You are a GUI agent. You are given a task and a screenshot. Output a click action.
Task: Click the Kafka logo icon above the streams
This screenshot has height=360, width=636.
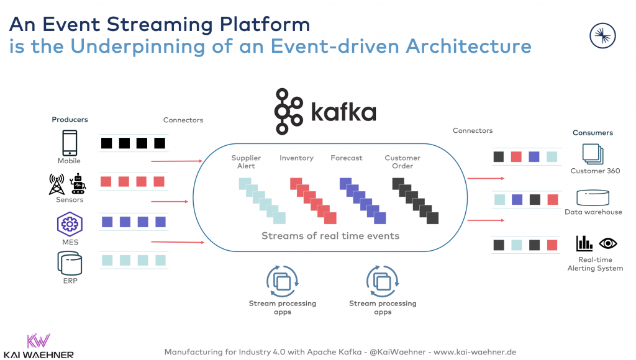pos(289,112)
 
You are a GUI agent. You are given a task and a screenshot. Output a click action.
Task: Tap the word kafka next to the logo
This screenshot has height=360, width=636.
pos(343,112)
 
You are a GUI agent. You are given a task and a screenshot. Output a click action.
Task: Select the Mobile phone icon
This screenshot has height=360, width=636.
pos(70,143)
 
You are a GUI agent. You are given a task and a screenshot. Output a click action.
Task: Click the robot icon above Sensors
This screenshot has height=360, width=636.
pos(78,184)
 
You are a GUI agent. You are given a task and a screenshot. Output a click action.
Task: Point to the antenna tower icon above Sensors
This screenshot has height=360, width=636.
pos(57,184)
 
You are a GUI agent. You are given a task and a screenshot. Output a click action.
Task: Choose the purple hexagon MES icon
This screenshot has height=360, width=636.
pos(69,223)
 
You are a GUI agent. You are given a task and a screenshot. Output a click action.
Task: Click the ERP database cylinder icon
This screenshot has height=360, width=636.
pos(69,263)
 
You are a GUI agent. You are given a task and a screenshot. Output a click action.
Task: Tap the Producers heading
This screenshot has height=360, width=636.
pos(70,119)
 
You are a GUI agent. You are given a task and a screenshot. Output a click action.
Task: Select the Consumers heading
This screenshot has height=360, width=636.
pos(592,133)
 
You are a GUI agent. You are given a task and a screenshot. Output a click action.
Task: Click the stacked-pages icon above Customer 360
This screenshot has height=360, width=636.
pos(592,154)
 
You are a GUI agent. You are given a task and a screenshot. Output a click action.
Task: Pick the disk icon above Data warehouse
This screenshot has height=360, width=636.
pos(593,198)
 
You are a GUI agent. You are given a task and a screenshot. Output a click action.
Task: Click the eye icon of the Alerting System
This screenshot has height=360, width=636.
pos(607,243)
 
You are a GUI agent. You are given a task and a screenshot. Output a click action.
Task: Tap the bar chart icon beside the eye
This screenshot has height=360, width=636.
pos(584,243)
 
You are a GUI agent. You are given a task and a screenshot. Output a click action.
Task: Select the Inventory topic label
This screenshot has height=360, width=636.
pos(296,158)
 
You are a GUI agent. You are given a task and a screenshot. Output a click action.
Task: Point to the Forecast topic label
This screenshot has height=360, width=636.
pos(347,158)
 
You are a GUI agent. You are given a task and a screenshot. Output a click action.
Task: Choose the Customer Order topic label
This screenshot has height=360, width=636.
pos(402,162)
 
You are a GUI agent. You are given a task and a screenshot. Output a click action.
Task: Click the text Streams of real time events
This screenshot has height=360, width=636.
pos(330,236)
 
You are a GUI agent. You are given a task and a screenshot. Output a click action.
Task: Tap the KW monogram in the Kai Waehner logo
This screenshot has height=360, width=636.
pos(39,341)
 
